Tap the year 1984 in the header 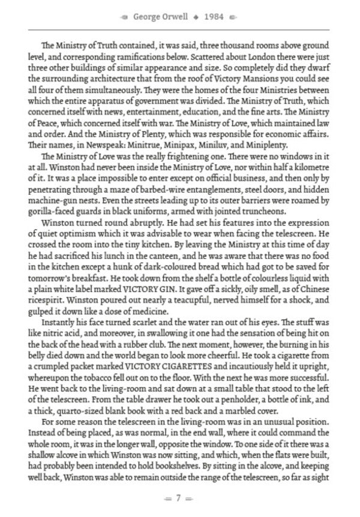(214, 17)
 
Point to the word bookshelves (207, 469)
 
